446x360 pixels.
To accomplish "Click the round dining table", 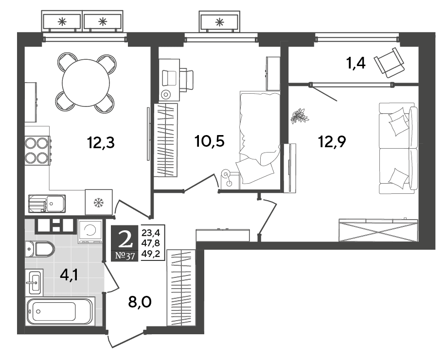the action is [x=86, y=83].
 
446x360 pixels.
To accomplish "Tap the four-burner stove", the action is [x=37, y=151].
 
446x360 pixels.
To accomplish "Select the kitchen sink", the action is [x=47, y=204].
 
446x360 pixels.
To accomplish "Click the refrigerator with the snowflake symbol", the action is [x=99, y=202].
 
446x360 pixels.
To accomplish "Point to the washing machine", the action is [x=90, y=232].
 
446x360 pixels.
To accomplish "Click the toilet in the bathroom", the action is [x=39, y=249].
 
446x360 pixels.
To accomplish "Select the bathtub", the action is [x=60, y=311].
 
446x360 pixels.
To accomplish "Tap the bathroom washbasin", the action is [x=34, y=282].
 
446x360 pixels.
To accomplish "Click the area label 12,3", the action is [x=101, y=143].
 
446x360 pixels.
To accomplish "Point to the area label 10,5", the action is [x=210, y=141].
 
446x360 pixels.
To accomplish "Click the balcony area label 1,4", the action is [x=356, y=63].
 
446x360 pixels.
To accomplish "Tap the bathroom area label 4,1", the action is [x=69, y=275].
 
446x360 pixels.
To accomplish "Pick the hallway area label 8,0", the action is [x=140, y=302].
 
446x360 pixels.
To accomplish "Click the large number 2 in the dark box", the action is [x=125, y=239].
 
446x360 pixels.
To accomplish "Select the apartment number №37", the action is [x=125, y=256].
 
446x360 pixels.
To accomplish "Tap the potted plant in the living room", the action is [x=300, y=116].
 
